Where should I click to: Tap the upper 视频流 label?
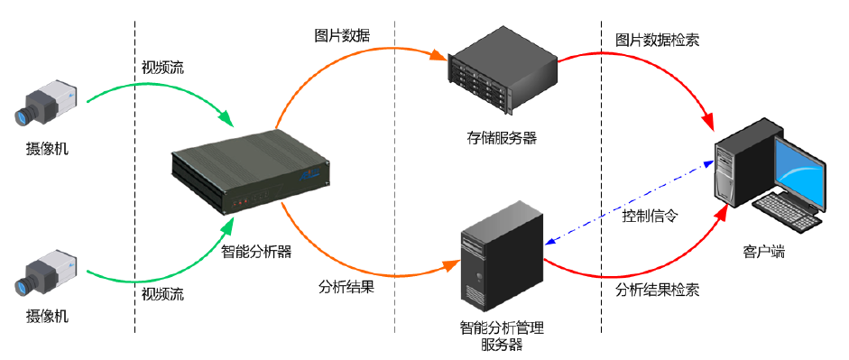pos(162,68)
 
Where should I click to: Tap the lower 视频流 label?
pos(162,294)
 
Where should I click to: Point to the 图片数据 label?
pos(342,35)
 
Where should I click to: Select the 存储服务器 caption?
pos(502,138)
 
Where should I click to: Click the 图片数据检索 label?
pos(657,41)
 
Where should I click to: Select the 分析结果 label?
pos(346,288)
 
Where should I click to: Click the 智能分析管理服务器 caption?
pos(502,335)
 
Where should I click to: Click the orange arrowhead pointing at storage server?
pos(439,56)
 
